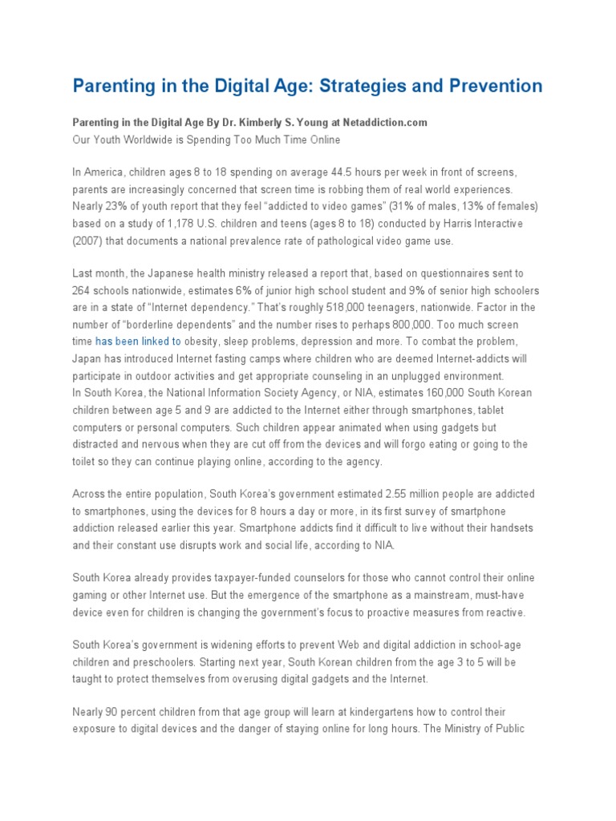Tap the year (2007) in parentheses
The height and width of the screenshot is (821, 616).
91,241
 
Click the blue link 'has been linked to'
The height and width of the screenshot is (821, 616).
138,342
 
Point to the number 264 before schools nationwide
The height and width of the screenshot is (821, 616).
84,291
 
